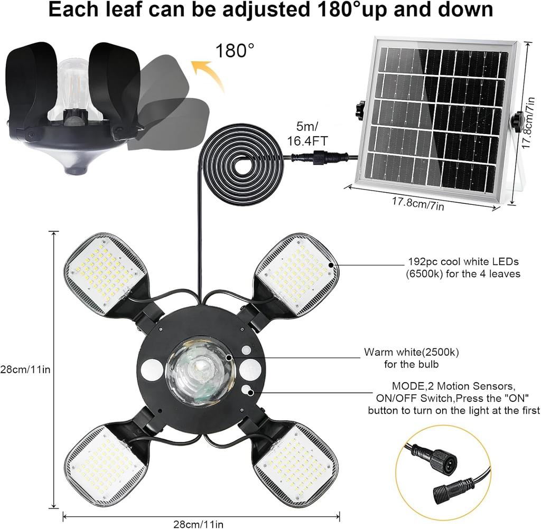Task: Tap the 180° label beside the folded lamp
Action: click(x=235, y=51)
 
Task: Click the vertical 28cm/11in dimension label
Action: click(x=25, y=369)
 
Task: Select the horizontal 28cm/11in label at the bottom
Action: click(x=198, y=524)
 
